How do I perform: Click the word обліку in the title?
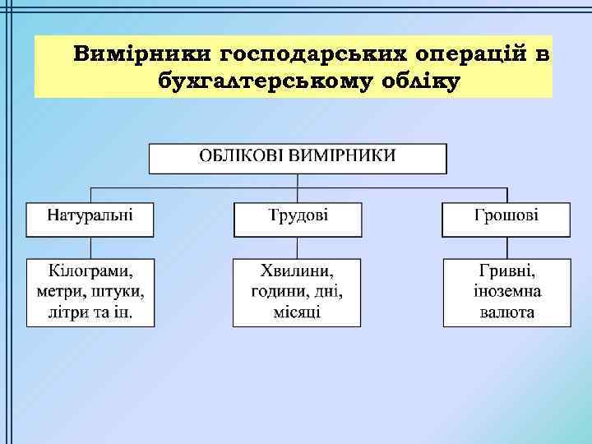pos(418,81)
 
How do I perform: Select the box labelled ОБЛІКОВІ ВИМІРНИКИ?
pos(298,157)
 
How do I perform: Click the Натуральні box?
pos(90,217)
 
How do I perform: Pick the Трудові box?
pos(298,217)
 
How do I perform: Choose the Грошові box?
pos(506,217)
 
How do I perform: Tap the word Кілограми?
pos(90,271)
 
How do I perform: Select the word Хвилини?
pos(297,271)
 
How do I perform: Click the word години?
pos(279,291)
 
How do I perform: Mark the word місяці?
pos(297,312)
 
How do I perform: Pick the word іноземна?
pos(506,291)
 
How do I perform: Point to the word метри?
pos(56,291)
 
